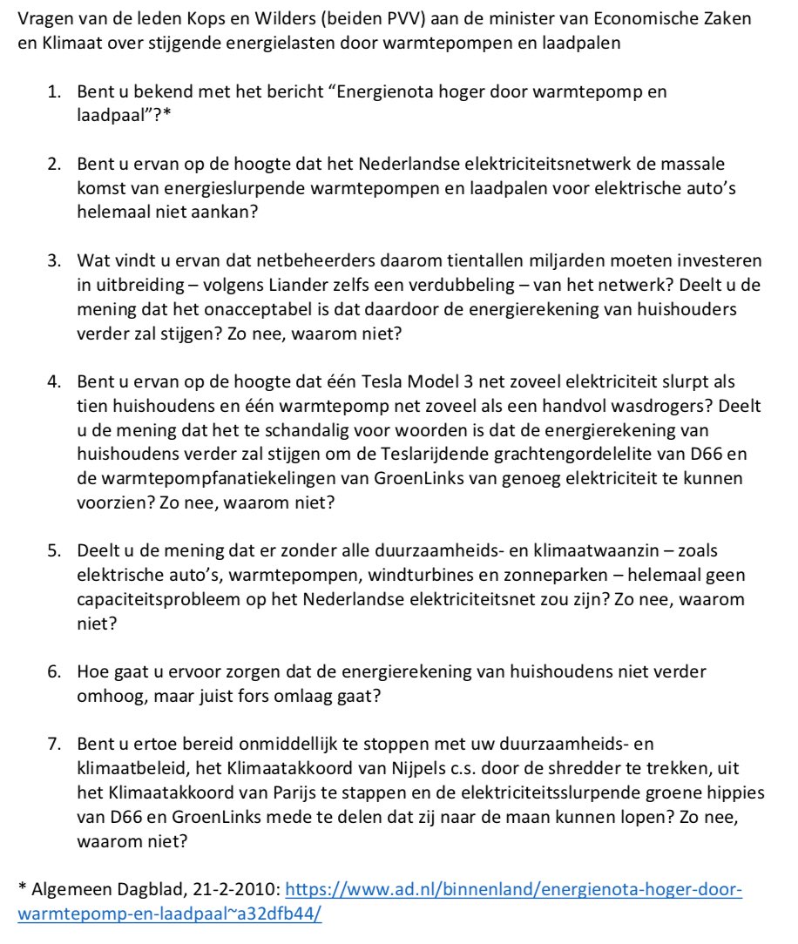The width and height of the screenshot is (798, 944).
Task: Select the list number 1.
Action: [x=53, y=91]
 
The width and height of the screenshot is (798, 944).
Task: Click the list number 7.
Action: [x=53, y=745]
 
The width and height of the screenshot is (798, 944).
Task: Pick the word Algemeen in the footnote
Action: [x=62, y=891]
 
